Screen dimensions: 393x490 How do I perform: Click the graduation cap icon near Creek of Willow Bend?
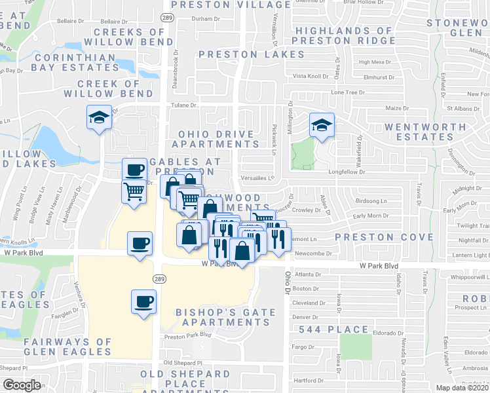(99, 118)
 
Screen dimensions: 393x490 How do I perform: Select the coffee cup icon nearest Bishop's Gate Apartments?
(144, 301)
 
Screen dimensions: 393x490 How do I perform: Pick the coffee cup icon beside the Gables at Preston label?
(135, 170)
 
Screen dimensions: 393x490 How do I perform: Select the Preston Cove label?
(384, 236)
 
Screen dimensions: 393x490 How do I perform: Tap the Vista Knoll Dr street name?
(311, 76)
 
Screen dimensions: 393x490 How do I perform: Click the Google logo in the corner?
(22, 385)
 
